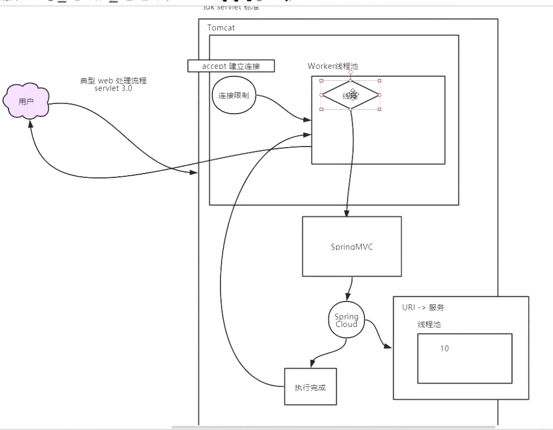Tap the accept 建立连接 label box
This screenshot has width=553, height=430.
pyautogui.click(x=231, y=66)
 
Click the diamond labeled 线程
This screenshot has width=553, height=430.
pyautogui.click(x=351, y=96)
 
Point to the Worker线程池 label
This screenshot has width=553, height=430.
pyautogui.click(x=332, y=66)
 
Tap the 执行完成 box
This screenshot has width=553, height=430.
pyautogui.click(x=310, y=386)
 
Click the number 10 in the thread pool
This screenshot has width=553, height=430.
pyautogui.click(x=445, y=349)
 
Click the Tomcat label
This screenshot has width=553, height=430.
pyautogui.click(x=221, y=27)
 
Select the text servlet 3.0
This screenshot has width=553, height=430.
pyautogui.click(x=113, y=88)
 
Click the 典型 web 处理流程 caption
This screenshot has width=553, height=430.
pyautogui.click(x=113, y=81)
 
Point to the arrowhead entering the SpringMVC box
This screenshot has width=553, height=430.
pyautogui.click(x=346, y=213)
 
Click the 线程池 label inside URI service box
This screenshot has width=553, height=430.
pyautogui.click(x=429, y=324)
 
